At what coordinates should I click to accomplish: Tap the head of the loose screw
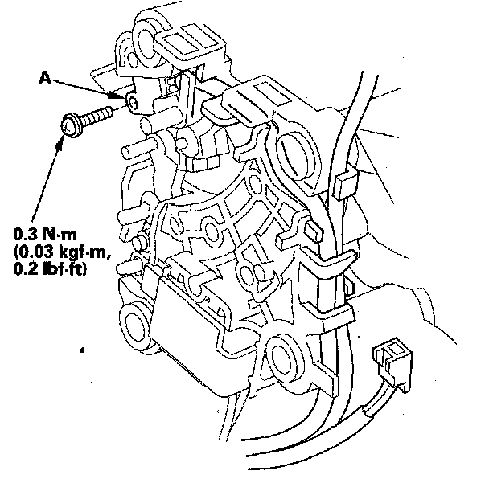pos(71,125)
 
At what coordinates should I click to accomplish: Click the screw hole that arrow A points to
pos(129,100)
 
